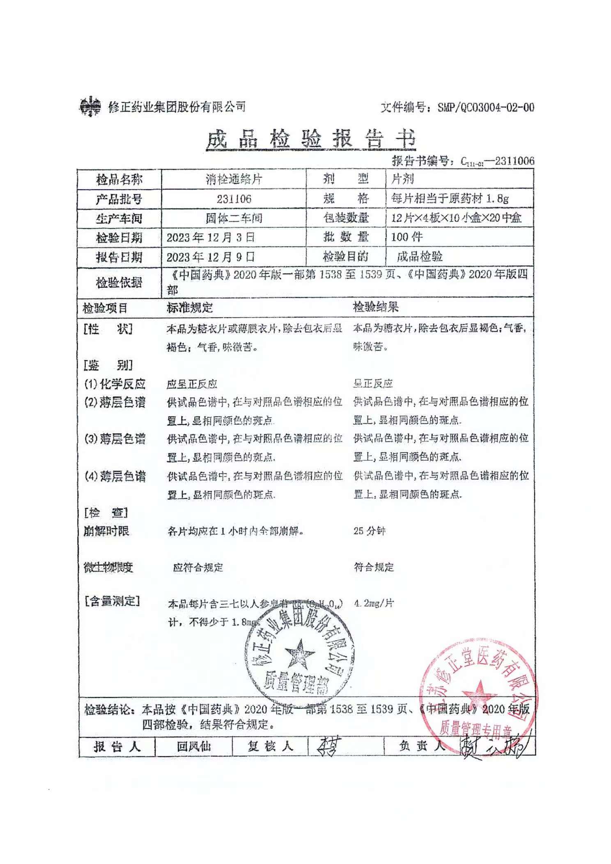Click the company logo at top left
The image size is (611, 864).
(90, 106)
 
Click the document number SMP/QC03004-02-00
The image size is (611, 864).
(485, 108)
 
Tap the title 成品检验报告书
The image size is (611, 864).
(310, 139)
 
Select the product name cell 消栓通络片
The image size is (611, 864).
(234, 179)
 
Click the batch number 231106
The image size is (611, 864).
(234, 199)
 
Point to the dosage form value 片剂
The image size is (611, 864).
(402, 179)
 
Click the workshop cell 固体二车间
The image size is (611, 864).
(234, 218)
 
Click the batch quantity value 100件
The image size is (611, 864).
(407, 237)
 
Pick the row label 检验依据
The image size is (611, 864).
(119, 282)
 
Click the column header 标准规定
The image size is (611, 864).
(190, 307)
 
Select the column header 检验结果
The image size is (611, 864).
(376, 307)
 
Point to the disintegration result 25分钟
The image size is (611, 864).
(369, 531)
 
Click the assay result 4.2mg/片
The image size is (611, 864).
(374, 603)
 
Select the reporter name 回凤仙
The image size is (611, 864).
(193, 747)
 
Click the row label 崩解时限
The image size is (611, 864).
(106, 531)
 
